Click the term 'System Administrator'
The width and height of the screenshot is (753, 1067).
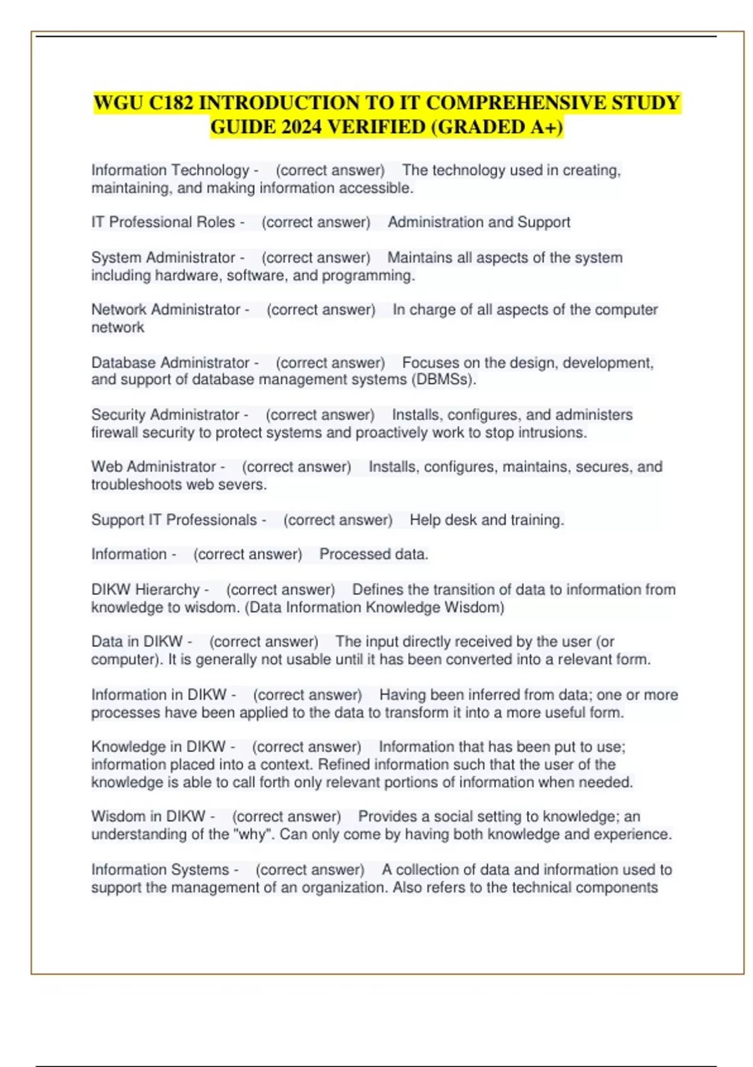coord(163,258)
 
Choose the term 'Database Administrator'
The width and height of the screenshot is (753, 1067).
coord(170,363)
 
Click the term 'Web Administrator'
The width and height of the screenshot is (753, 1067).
coord(154,467)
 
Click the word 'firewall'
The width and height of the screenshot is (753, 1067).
coord(115,433)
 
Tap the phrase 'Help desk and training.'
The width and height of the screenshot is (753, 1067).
coord(487,520)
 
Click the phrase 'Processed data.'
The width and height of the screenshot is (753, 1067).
coord(374,555)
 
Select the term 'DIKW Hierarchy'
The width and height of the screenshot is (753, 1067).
coord(145,590)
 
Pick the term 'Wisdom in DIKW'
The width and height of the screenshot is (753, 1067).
coord(148,817)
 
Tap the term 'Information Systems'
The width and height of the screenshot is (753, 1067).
coord(160,870)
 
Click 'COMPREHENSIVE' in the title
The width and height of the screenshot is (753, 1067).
coord(516,103)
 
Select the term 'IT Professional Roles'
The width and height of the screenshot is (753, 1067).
coord(163,223)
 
